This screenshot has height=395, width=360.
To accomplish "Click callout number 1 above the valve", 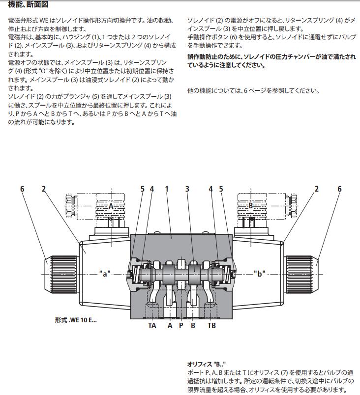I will pyautogui.click(x=167, y=189).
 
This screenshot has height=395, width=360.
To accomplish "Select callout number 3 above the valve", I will pyautogui.click(x=187, y=189).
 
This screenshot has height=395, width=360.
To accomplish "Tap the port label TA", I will pyautogui.click(x=152, y=325).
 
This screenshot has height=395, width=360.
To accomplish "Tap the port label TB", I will pyautogui.click(x=211, y=325).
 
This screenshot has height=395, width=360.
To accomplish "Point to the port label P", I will pyautogui.click(x=181, y=325).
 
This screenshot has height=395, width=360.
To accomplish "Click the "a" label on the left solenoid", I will pyautogui.click(x=104, y=274).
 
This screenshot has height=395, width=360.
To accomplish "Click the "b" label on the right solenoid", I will pyautogui.click(x=259, y=274).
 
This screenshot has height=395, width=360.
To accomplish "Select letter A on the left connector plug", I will pyautogui.click(x=111, y=206).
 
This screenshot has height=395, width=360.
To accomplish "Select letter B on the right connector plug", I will pyautogui.click(x=250, y=206).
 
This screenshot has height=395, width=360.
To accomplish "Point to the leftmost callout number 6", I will pyautogui.click(x=22, y=189).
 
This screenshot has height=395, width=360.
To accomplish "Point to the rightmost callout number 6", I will pyautogui.click(x=339, y=189).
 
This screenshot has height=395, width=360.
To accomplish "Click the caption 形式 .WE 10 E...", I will pyautogui.click(x=76, y=320).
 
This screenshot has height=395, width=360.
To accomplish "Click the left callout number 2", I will pyautogui.click(x=43, y=189).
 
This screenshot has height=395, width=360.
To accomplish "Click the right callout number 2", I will pyautogui.click(x=317, y=189).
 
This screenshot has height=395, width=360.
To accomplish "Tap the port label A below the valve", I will pyautogui.click(x=170, y=325).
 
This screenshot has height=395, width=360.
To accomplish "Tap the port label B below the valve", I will pyautogui.click(x=193, y=325).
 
